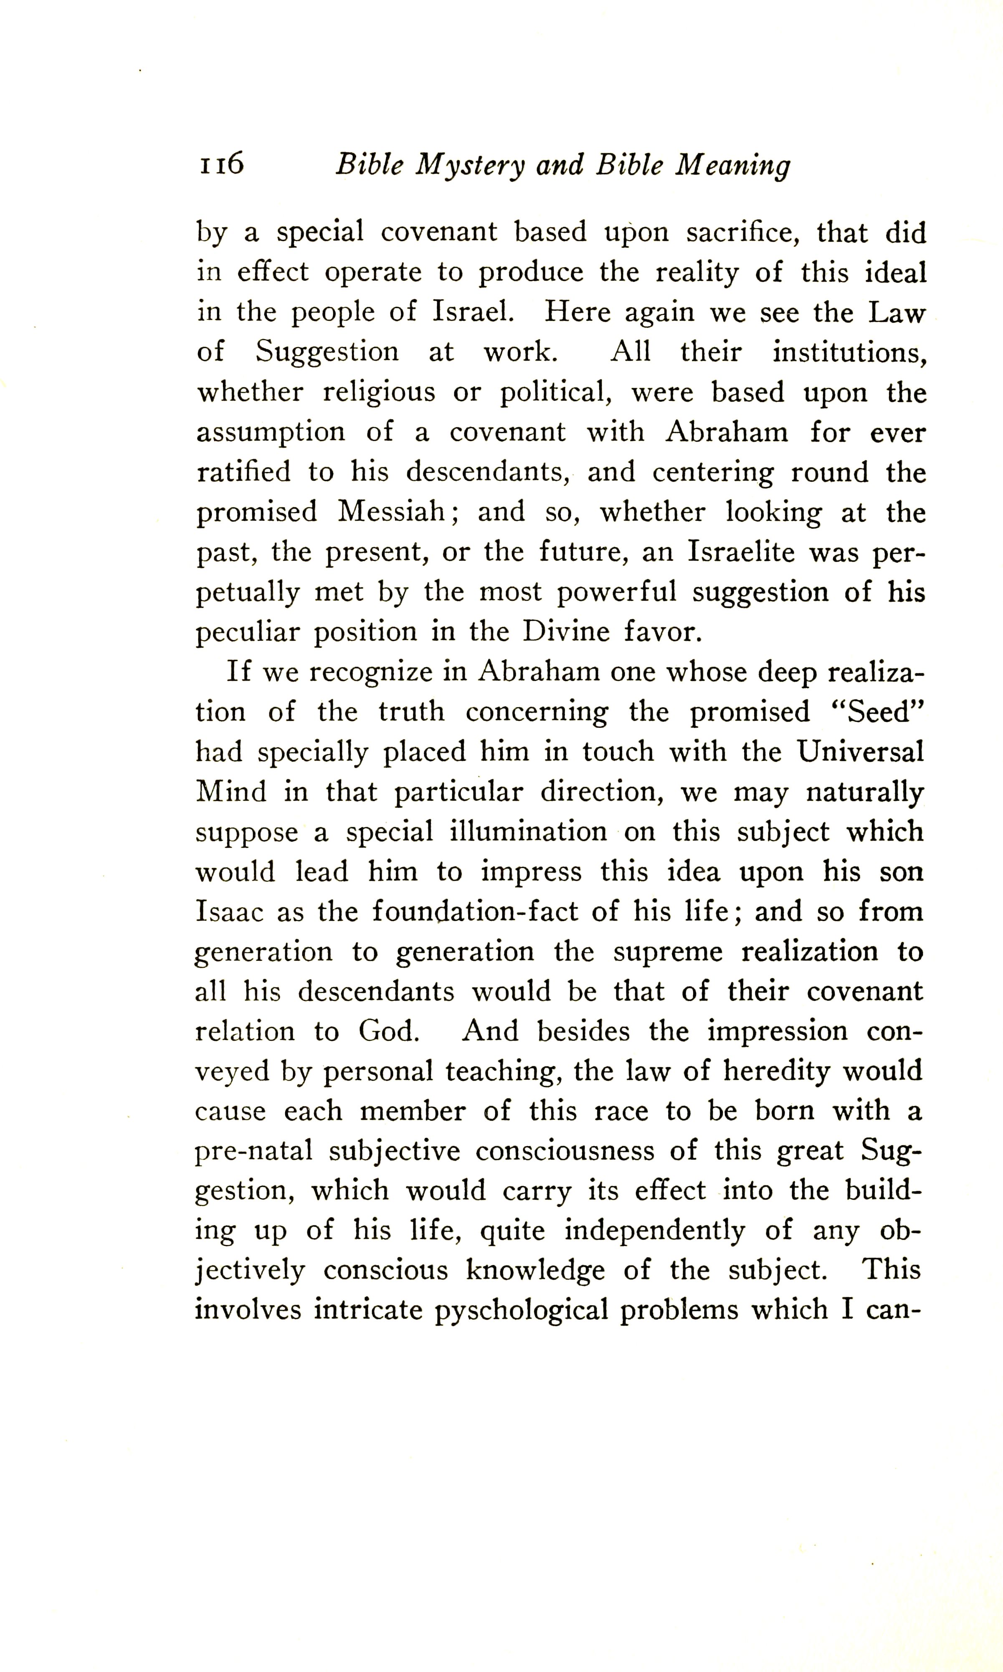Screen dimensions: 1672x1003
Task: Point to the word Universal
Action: point(860,751)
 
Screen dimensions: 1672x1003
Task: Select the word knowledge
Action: point(535,1271)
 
